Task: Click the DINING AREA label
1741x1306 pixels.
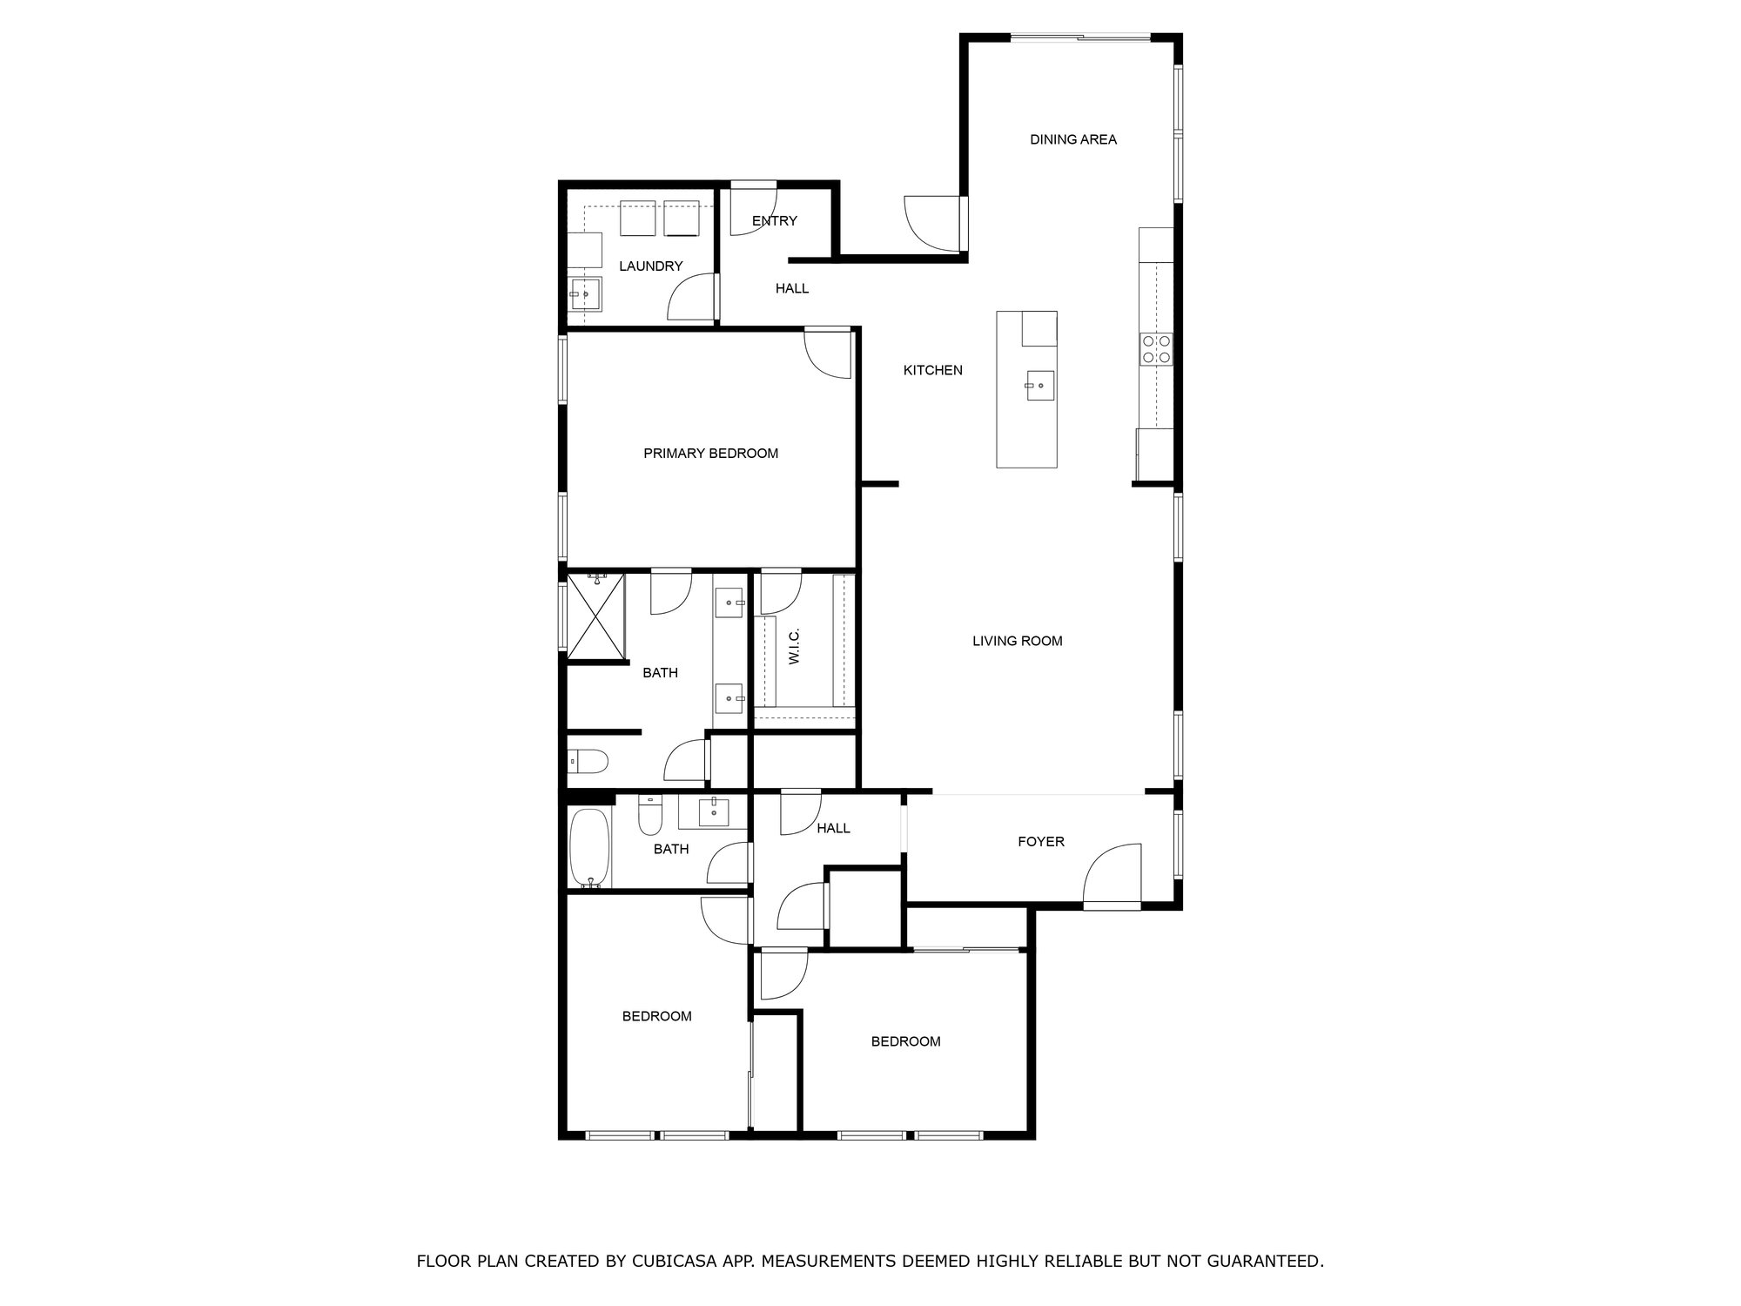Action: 1072,139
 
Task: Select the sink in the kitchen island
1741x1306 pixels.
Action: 1039,385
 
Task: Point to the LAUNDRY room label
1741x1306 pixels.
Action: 650,266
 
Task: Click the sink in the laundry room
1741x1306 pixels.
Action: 586,294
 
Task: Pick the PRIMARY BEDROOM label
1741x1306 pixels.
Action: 710,454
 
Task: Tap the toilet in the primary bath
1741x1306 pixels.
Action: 588,763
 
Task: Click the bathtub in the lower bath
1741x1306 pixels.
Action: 590,848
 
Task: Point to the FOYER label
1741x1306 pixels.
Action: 1041,842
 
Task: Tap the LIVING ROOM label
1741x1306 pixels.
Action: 1017,642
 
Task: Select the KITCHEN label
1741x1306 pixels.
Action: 932,371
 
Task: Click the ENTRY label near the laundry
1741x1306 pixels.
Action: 774,221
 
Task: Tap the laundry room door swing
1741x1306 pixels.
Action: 693,298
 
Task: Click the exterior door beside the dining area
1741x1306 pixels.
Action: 933,224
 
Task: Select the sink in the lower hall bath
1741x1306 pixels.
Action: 715,811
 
